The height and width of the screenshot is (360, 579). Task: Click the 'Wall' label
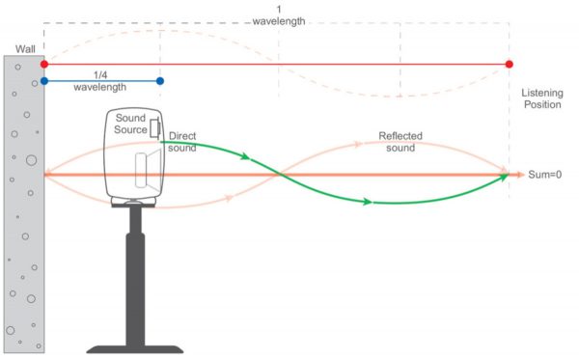25,49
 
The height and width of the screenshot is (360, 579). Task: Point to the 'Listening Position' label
541,97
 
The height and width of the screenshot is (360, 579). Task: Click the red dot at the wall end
44,65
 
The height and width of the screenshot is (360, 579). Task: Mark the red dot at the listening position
509,65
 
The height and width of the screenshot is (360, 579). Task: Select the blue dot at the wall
44,82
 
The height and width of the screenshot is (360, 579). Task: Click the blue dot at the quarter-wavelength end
160,82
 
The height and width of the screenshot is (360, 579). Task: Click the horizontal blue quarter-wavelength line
102,82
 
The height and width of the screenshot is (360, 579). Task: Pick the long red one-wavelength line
289,65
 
